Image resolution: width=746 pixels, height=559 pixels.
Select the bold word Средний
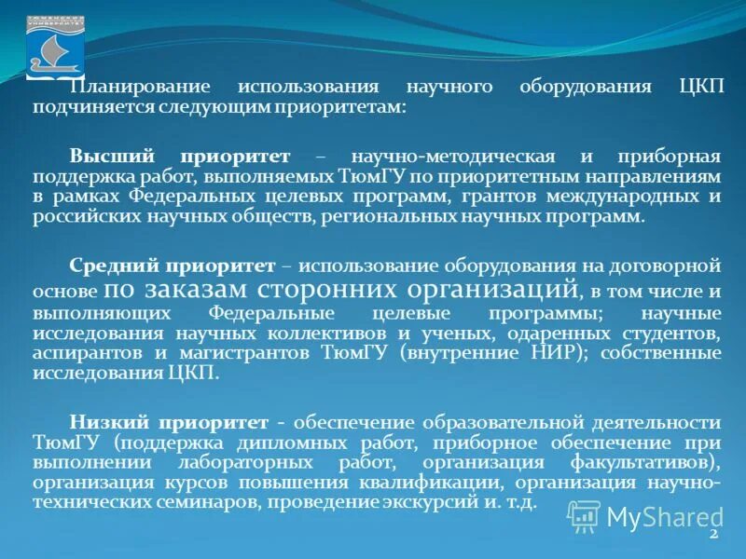pos(110,266)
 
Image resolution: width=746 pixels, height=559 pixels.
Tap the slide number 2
pos(713,536)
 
